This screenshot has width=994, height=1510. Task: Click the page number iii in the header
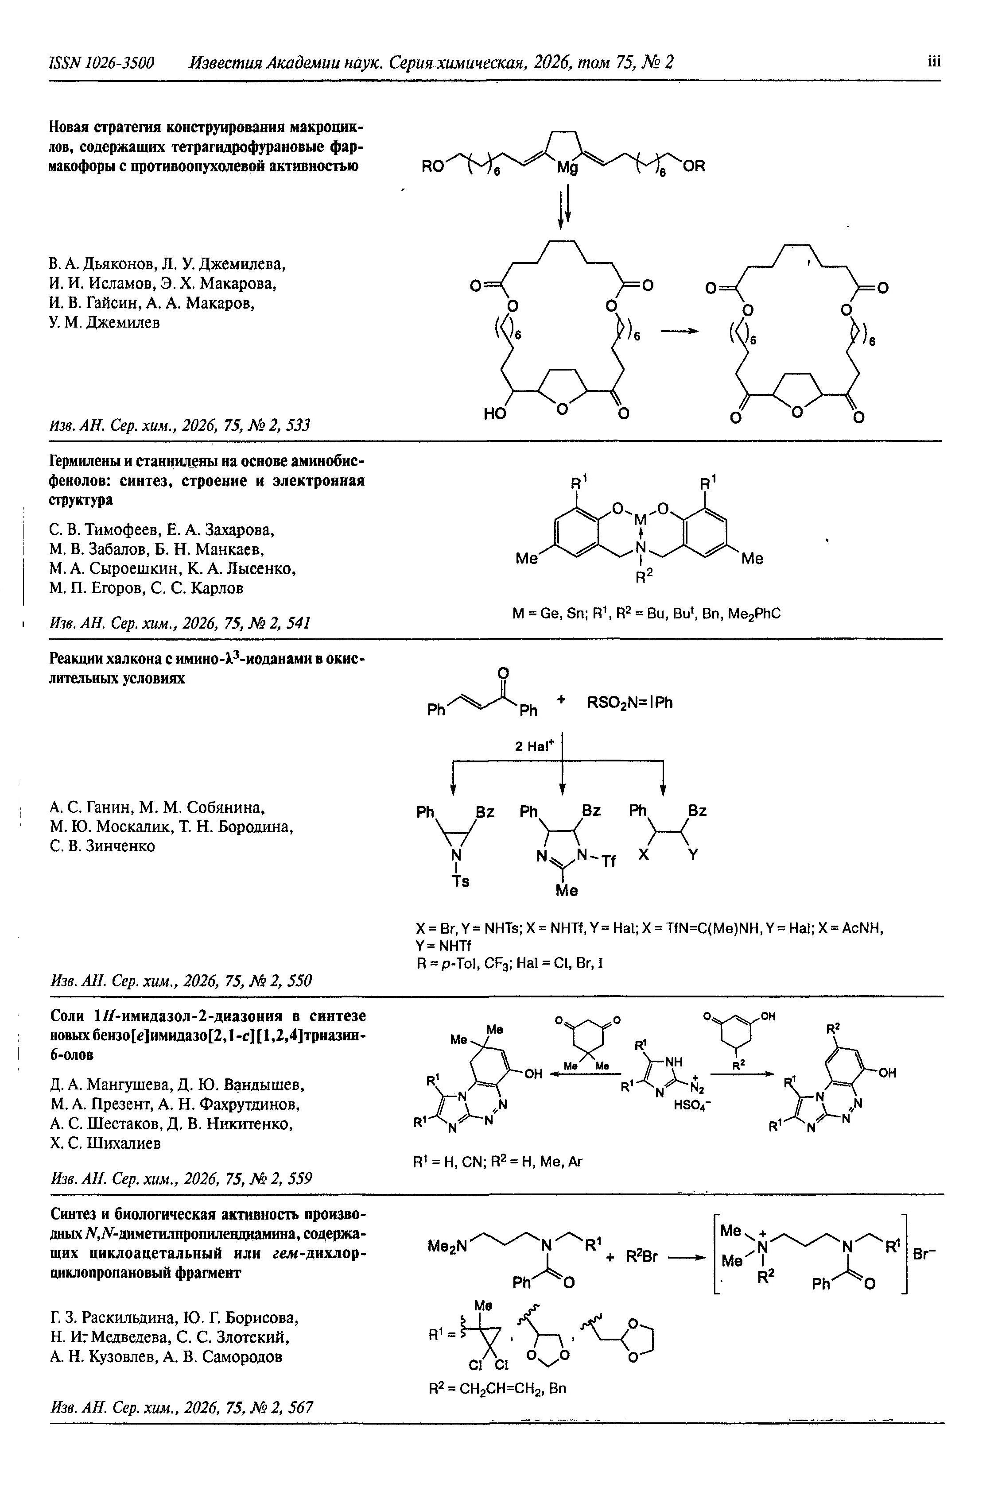pos(932,62)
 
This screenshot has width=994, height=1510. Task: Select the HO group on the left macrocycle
pos(496,414)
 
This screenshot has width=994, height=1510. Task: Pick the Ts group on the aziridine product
pos(461,881)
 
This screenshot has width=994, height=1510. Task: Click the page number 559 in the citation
pos(298,1178)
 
